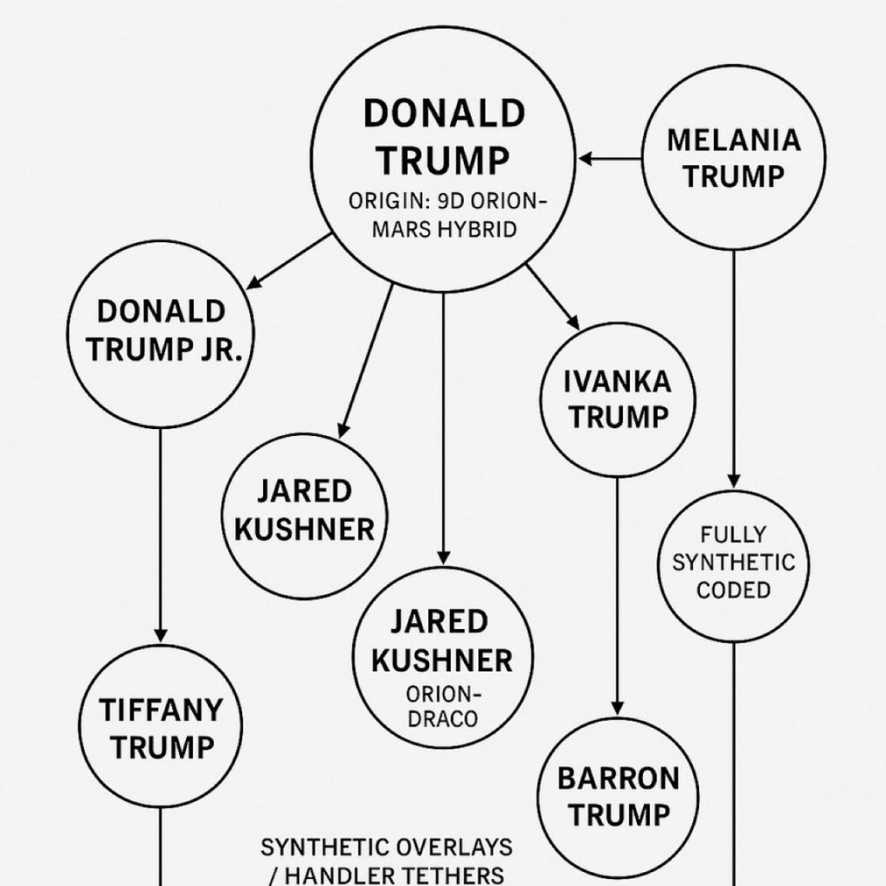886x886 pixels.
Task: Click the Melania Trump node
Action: tap(734, 157)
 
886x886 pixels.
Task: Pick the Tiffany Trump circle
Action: tap(162, 727)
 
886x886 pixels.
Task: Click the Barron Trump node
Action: tap(618, 794)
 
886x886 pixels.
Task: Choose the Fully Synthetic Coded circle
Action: tap(735, 562)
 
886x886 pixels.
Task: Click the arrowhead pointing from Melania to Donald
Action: tap(586, 158)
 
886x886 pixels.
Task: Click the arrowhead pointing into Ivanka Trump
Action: tap(572, 319)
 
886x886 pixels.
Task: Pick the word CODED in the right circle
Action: tap(734, 590)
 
